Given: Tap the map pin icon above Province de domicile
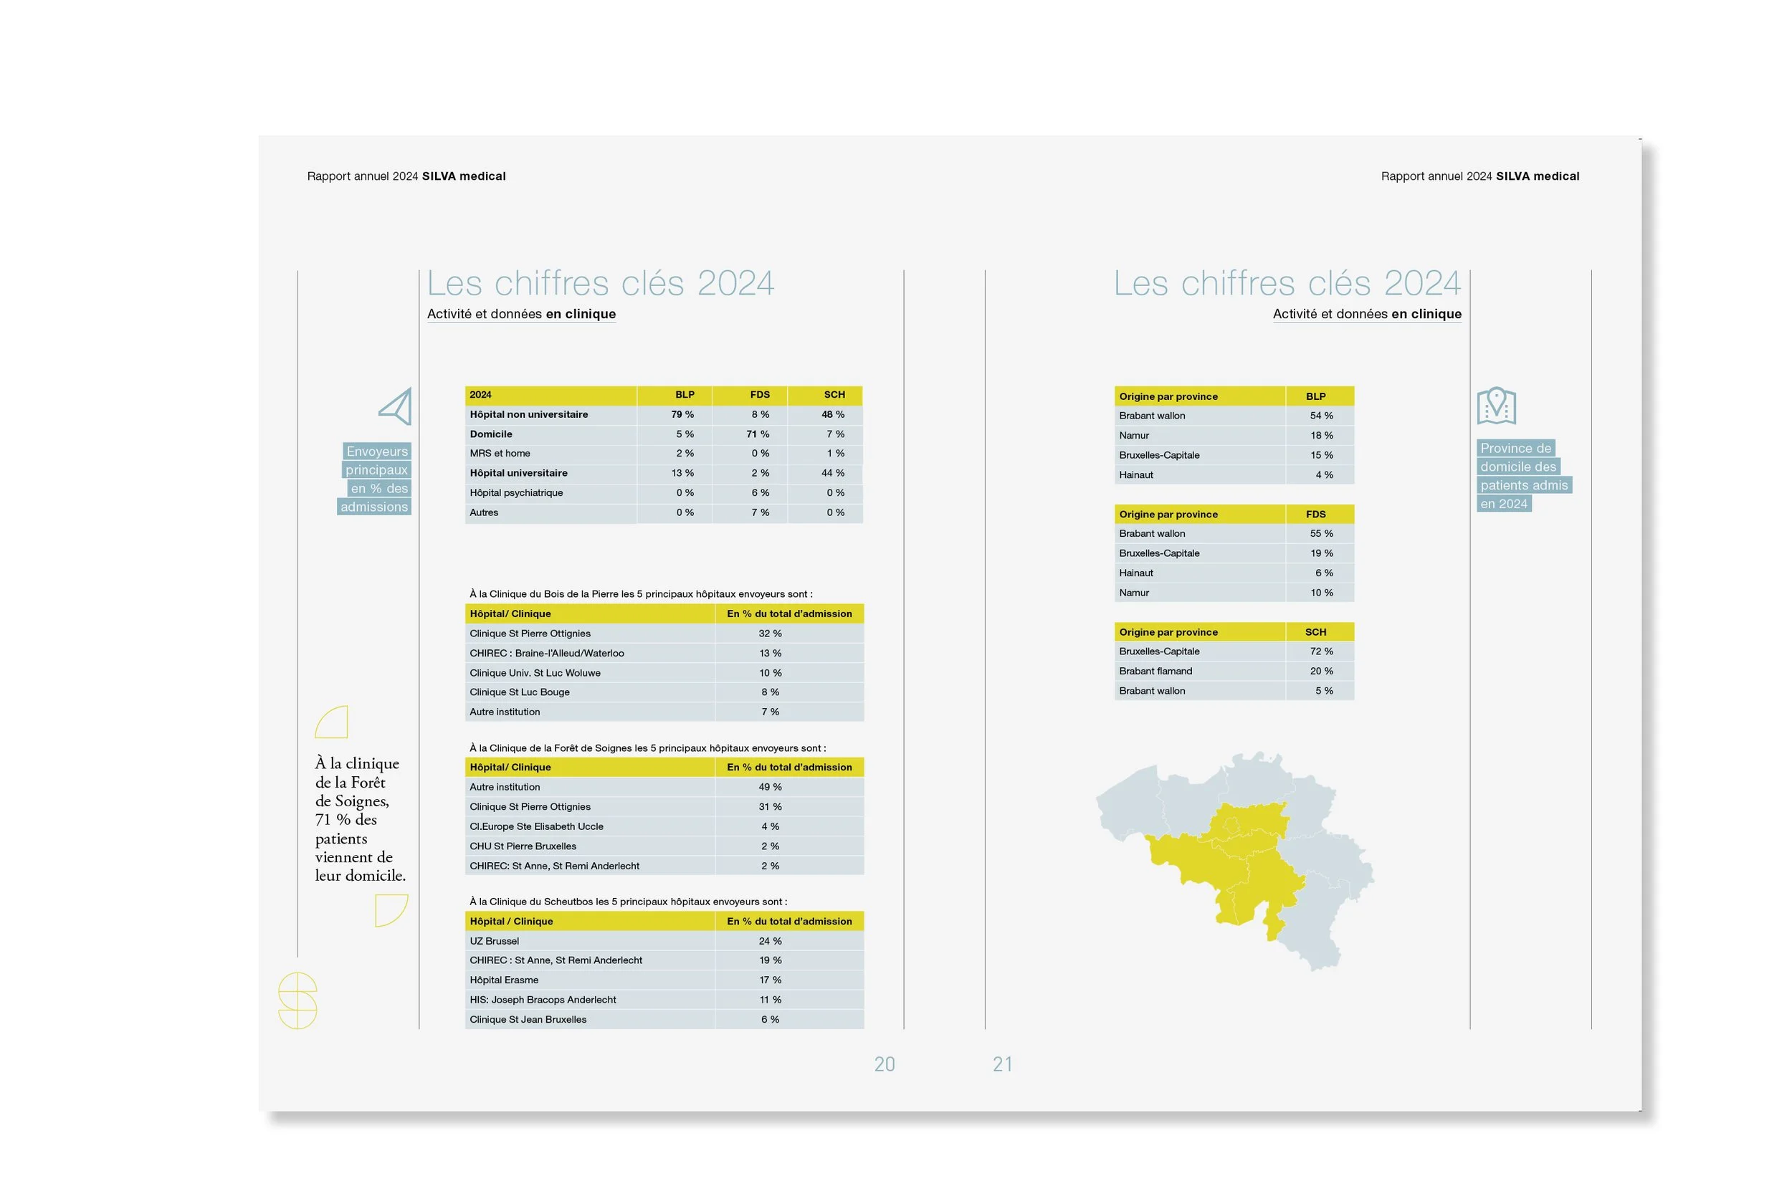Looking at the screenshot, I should tap(1496, 405).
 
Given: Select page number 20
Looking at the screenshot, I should tap(885, 1064).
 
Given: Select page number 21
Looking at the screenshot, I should tap(1002, 1064).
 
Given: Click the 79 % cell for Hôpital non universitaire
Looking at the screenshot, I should tap(682, 414).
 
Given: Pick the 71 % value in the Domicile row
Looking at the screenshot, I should tap(758, 434).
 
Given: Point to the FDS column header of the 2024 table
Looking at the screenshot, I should tap(759, 394).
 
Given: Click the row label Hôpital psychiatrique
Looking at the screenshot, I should tap(516, 492).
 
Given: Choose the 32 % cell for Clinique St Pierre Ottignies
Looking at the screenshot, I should tap(770, 634).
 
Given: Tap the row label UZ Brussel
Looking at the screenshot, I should tap(495, 941).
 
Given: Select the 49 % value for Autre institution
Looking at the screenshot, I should tap(770, 787).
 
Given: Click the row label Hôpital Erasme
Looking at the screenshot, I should tap(504, 980).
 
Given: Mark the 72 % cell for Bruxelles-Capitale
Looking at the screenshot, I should tap(1321, 651).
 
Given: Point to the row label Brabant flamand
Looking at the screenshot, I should tap(1155, 671).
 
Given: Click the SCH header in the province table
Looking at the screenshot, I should tap(1315, 632).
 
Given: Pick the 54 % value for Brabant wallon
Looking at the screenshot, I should tap(1321, 416).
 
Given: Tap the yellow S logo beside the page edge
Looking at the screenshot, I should tap(297, 1000).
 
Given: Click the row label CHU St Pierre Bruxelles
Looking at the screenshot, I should tap(523, 846).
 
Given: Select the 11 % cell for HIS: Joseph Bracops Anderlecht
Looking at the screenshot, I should tap(770, 1000).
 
